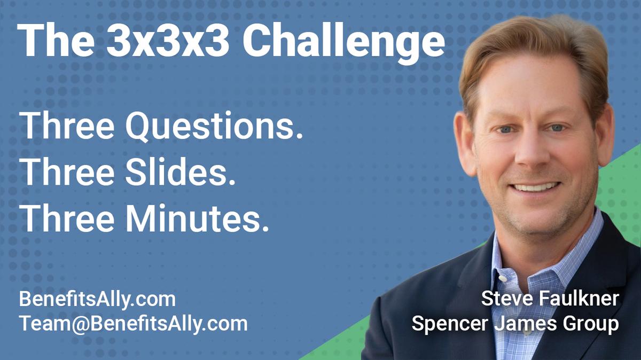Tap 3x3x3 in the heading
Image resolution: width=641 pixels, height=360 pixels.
pos(168,42)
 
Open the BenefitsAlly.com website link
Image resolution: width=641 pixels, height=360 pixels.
pos(97,299)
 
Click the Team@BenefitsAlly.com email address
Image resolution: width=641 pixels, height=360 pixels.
pos(133,323)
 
